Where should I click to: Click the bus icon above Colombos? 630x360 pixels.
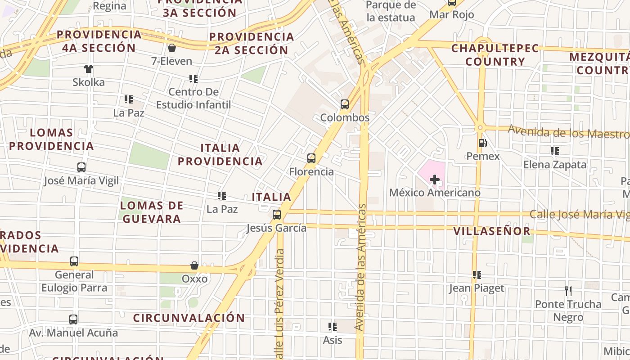click(x=345, y=104)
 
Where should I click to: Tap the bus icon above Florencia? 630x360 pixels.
click(x=311, y=158)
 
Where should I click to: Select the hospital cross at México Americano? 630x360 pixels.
click(x=434, y=180)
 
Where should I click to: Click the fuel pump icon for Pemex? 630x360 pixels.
click(x=482, y=143)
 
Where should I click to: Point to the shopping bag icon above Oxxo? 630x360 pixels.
click(x=194, y=265)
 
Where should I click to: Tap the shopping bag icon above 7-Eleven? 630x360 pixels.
click(x=171, y=48)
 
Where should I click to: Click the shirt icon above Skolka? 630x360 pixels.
click(x=89, y=69)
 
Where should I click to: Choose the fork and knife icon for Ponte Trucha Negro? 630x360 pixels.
click(x=568, y=291)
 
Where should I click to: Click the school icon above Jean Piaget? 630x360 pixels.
click(x=477, y=274)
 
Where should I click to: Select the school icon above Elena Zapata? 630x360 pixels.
click(x=555, y=151)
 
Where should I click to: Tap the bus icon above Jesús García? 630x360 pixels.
click(x=277, y=215)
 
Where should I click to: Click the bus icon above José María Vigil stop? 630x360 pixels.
click(x=81, y=167)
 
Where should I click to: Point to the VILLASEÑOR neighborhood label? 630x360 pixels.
click(x=492, y=231)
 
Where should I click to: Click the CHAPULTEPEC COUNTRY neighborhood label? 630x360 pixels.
click(x=495, y=55)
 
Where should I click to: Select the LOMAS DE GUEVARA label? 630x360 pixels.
click(x=152, y=212)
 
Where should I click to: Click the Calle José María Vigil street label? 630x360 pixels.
click(x=580, y=215)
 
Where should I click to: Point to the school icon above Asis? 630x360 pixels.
click(x=333, y=326)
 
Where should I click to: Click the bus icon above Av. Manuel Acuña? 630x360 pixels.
click(x=73, y=319)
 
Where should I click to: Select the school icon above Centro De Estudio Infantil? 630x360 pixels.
click(x=193, y=79)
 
